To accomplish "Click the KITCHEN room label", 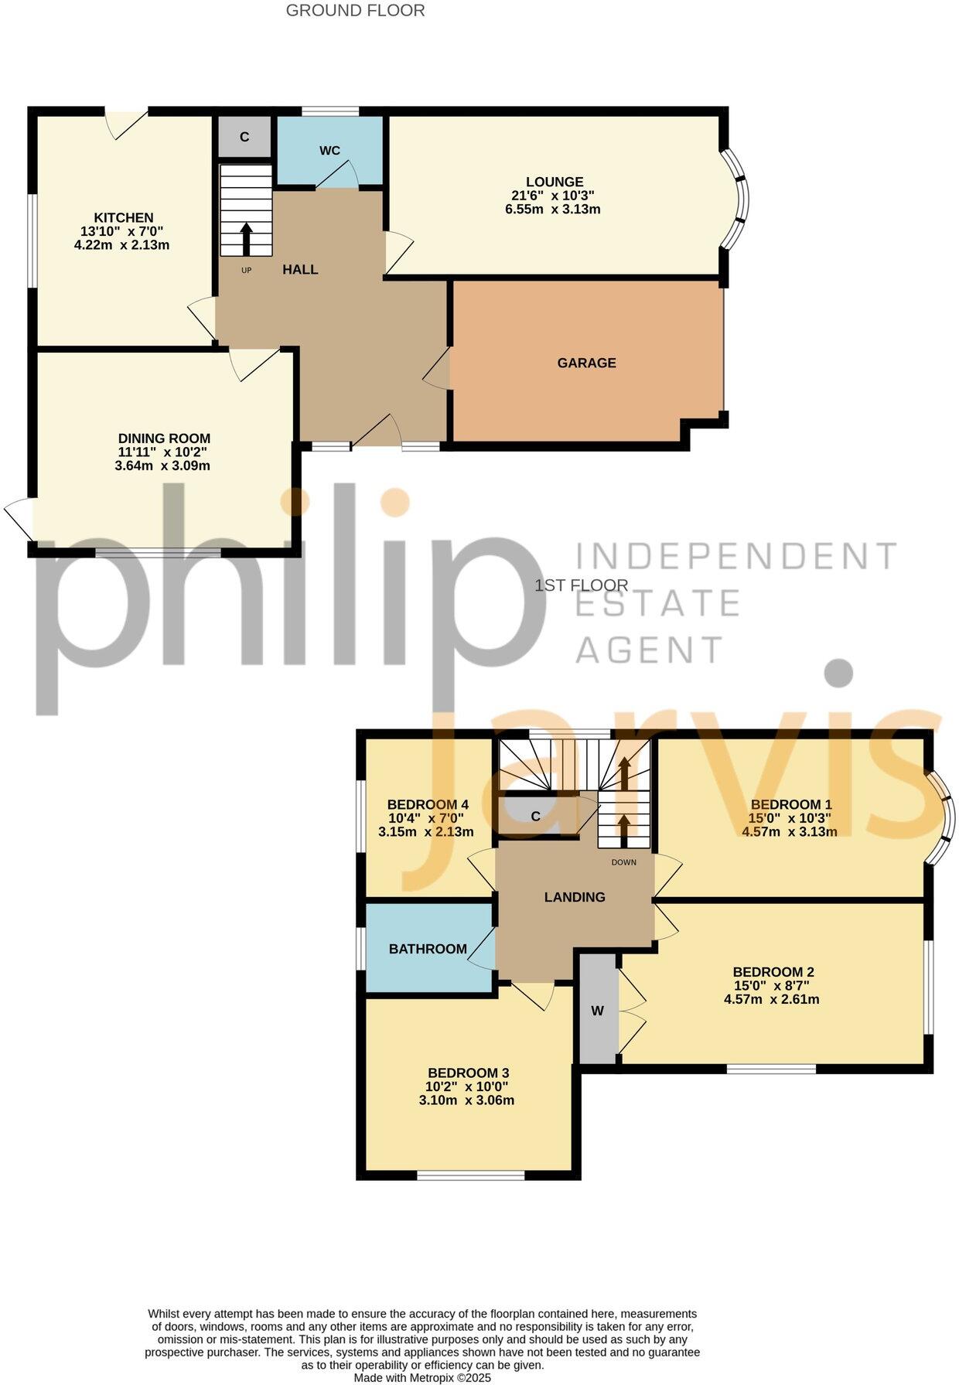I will (x=124, y=218).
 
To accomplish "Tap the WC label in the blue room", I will (x=329, y=151).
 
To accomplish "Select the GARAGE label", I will (x=586, y=363).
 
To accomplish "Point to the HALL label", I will (x=300, y=270).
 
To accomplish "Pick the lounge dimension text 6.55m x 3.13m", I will (x=552, y=210).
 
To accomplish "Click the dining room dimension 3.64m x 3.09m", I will (x=162, y=466).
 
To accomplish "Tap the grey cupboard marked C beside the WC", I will (x=244, y=138).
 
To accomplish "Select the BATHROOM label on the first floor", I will (x=428, y=949).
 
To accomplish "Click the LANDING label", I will (x=575, y=897).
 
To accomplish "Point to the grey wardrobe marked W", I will (x=598, y=1011).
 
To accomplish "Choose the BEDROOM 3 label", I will (x=468, y=1073).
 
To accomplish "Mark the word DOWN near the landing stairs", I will (x=623, y=862).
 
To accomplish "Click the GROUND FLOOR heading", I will (x=355, y=11).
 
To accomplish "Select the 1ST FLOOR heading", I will (x=582, y=585).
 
